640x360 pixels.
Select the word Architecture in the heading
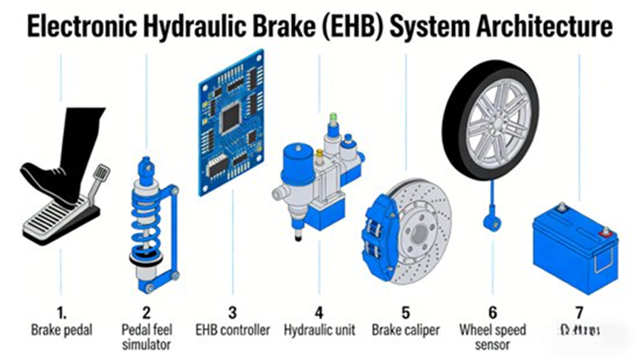point(541,26)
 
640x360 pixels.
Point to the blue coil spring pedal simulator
point(146,223)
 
